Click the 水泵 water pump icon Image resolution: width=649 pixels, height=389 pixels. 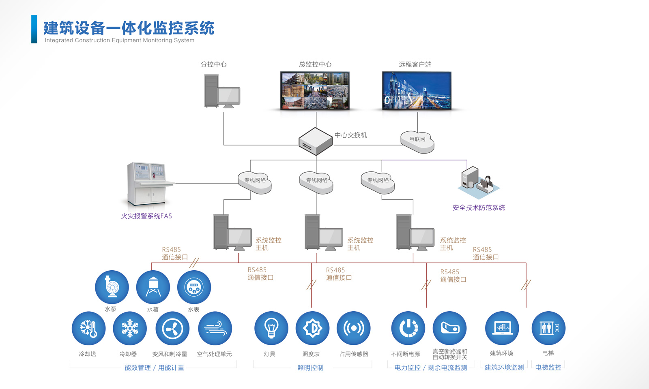point(112,287)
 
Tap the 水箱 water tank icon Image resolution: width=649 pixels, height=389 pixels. point(153,287)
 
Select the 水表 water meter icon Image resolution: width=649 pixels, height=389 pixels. point(194,287)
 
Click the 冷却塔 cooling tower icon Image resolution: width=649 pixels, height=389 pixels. point(88,328)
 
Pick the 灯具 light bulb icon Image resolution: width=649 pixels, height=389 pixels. point(271,328)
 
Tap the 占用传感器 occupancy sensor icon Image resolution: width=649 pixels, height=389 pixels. point(353,328)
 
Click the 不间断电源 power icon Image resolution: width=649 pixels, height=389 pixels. point(408,328)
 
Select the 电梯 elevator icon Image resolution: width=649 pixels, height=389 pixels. point(548,328)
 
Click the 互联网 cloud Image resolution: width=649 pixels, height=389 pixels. point(417,141)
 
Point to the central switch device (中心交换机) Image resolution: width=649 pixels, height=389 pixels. point(316,141)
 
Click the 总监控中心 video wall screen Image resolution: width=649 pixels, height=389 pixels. point(315,90)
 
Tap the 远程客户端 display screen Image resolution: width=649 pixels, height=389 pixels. point(417,90)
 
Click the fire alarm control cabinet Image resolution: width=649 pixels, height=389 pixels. point(148,184)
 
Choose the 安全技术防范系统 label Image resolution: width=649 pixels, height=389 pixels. point(479,208)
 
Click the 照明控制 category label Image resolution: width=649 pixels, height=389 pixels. point(310,368)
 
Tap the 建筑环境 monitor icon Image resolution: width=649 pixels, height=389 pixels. point(502,328)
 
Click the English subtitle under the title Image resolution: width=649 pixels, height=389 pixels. point(120,40)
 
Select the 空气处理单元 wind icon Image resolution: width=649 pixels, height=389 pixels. point(215,328)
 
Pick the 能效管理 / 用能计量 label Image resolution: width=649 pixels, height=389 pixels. point(154,368)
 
